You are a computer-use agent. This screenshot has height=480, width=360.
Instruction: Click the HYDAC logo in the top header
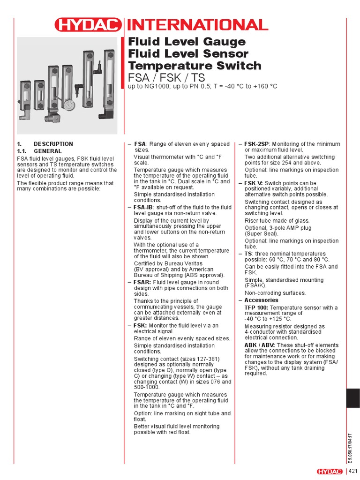(x=88, y=25)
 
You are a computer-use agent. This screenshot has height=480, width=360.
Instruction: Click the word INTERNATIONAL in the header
(x=196, y=25)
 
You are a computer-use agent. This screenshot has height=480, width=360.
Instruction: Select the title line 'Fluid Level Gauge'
(x=187, y=42)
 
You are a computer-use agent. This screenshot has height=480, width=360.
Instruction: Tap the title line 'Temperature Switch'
(x=195, y=66)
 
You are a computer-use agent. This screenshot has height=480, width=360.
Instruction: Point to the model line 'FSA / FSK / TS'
(x=167, y=77)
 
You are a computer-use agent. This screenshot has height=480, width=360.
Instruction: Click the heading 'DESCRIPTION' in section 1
(x=53, y=144)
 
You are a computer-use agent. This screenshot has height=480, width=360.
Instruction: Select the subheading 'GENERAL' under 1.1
(x=48, y=151)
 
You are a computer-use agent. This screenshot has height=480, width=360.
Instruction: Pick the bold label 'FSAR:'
(x=142, y=283)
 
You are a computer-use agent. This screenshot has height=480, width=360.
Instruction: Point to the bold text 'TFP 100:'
(x=255, y=307)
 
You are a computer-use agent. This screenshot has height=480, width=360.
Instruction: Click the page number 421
(x=352, y=471)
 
